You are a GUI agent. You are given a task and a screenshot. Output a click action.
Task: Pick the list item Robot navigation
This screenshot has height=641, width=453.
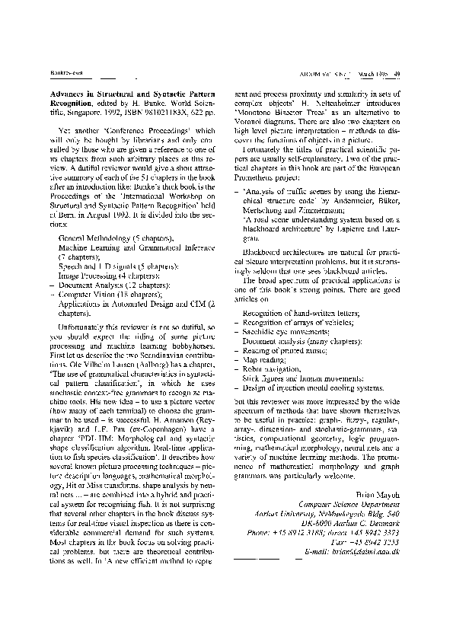pos(276,367)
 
